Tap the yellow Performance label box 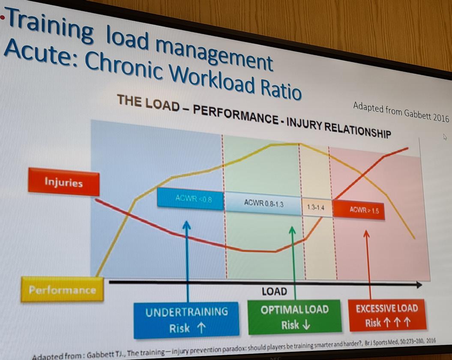[63, 290]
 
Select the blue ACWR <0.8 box [191, 198]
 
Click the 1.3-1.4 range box [317, 207]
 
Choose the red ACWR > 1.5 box [359, 210]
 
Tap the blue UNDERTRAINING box [186, 320]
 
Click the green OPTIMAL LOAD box [294, 317]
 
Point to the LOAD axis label [274, 292]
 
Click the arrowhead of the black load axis [419, 285]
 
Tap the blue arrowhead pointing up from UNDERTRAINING [186, 225]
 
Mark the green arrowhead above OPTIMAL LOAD [293, 230]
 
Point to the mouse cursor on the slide [445, 137]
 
